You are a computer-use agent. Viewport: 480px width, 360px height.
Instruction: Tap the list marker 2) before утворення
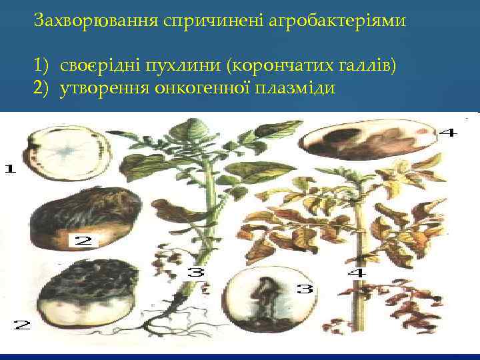pyautogui.click(x=43, y=88)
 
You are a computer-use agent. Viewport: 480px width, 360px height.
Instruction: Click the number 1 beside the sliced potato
pyautogui.click(x=10, y=169)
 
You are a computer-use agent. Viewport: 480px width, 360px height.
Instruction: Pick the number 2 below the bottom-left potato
pyautogui.click(x=22, y=325)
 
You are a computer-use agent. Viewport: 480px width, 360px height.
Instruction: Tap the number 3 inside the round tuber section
pyautogui.click(x=305, y=290)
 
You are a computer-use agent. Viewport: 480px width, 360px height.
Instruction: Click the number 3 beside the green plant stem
pyautogui.click(x=195, y=272)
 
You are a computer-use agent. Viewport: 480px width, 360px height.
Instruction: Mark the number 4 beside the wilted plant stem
pyautogui.click(x=356, y=273)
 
